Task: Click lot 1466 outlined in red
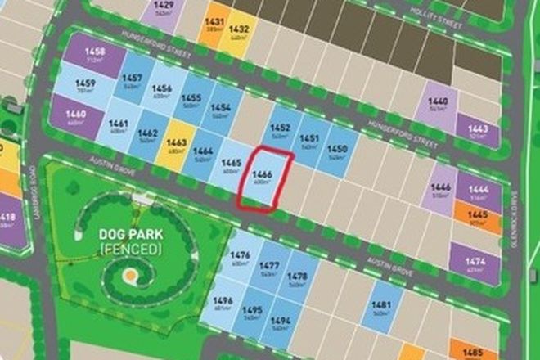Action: [x=263, y=179]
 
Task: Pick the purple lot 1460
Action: [x=76, y=116]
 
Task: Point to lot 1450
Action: [x=336, y=151]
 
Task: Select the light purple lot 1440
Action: [x=439, y=105]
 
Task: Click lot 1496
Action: [x=223, y=304]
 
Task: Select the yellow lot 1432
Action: [x=240, y=32]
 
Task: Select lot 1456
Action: [x=161, y=92]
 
